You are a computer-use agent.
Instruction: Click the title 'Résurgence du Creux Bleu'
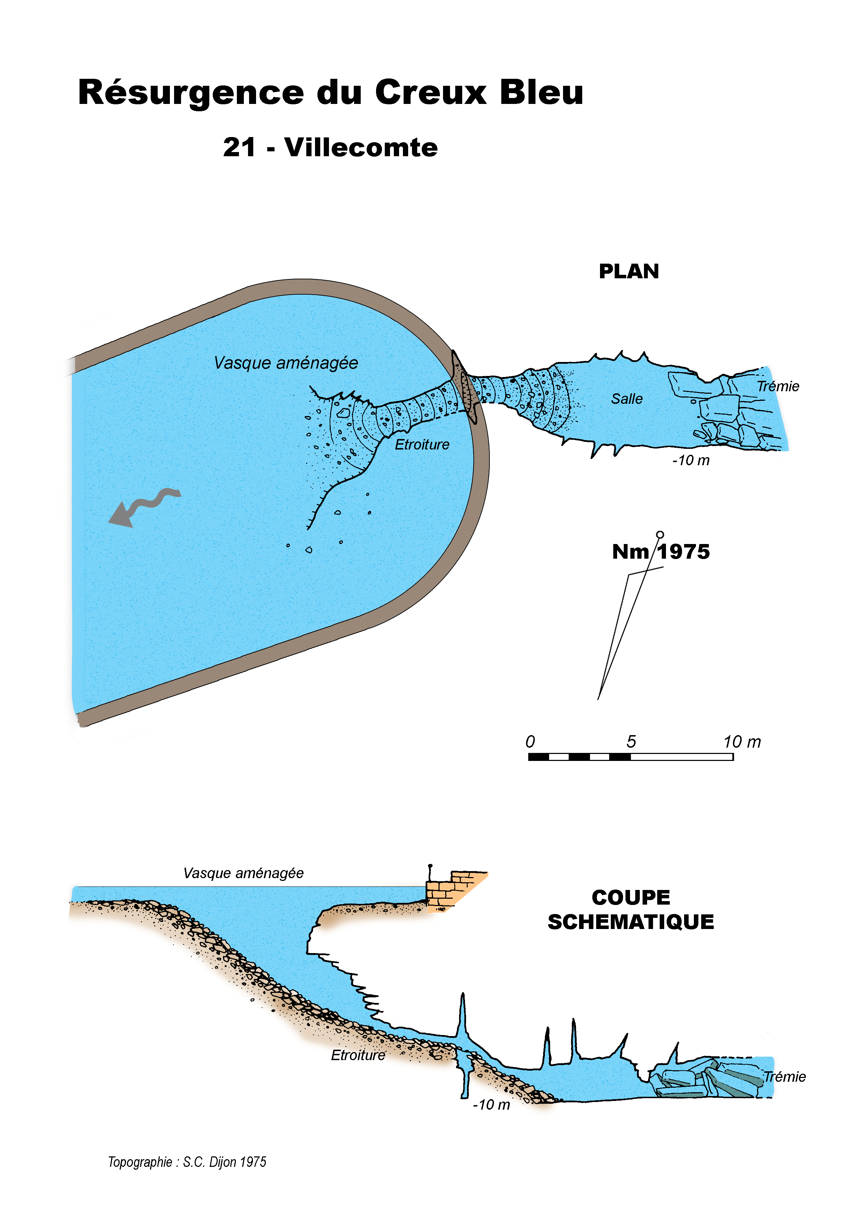point(330,93)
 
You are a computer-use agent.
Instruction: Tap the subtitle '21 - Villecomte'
point(330,148)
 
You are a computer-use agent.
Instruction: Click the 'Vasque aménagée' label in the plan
point(286,363)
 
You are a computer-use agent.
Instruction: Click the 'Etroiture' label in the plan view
point(422,445)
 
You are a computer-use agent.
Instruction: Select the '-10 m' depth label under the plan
point(691,460)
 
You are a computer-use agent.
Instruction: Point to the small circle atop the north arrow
point(660,534)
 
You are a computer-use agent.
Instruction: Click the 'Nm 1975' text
point(660,552)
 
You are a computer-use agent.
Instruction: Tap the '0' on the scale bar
point(530,742)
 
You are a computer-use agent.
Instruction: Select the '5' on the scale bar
point(631,742)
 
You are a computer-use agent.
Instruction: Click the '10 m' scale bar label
point(742,742)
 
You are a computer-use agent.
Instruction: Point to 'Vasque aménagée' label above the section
point(243,873)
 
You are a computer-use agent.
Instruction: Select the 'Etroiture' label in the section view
point(358,1055)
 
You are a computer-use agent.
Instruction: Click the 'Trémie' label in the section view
point(785,1077)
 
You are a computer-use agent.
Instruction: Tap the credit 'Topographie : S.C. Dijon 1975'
point(187,1162)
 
